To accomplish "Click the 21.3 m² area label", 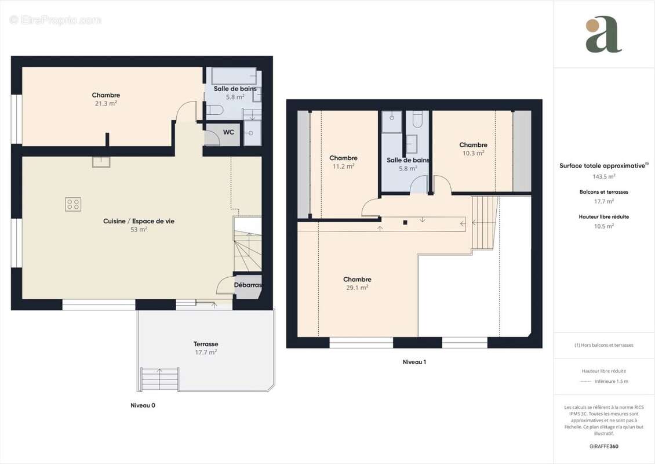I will click(x=105, y=103).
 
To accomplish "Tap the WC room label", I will click(x=229, y=132).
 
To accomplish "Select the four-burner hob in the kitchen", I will click(x=73, y=204).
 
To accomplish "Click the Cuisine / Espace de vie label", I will click(x=139, y=221).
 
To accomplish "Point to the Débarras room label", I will click(x=248, y=285).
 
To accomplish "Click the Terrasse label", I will click(x=206, y=344).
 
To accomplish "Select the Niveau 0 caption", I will click(x=143, y=405).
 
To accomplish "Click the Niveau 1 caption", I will click(x=414, y=362).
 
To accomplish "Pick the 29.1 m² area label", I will click(x=357, y=288).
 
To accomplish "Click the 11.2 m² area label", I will click(x=343, y=166).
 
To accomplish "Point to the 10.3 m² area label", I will click(x=473, y=153).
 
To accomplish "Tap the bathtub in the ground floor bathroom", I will click(x=234, y=76).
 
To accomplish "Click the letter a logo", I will click(x=603, y=35).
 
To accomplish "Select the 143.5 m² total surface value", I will click(x=603, y=176).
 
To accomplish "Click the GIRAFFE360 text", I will click(x=603, y=447).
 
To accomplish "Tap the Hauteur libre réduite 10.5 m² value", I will click(x=603, y=226).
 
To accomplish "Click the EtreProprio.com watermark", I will click(x=56, y=20).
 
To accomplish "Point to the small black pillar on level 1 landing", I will click(x=405, y=222).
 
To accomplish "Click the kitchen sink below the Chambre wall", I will click(x=101, y=162).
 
